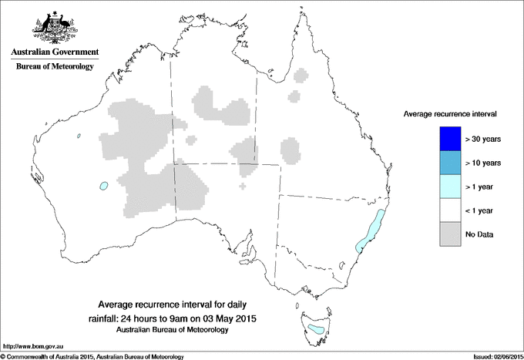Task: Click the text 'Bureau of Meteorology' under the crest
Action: [55, 67]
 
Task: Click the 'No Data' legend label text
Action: [479, 234]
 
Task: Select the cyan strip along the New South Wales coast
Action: [372, 229]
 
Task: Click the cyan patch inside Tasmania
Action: [315, 329]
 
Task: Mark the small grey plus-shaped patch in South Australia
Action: [244, 186]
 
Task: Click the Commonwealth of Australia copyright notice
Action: [92, 356]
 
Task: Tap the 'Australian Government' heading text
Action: [55, 52]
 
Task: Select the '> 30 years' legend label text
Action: [483, 139]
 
